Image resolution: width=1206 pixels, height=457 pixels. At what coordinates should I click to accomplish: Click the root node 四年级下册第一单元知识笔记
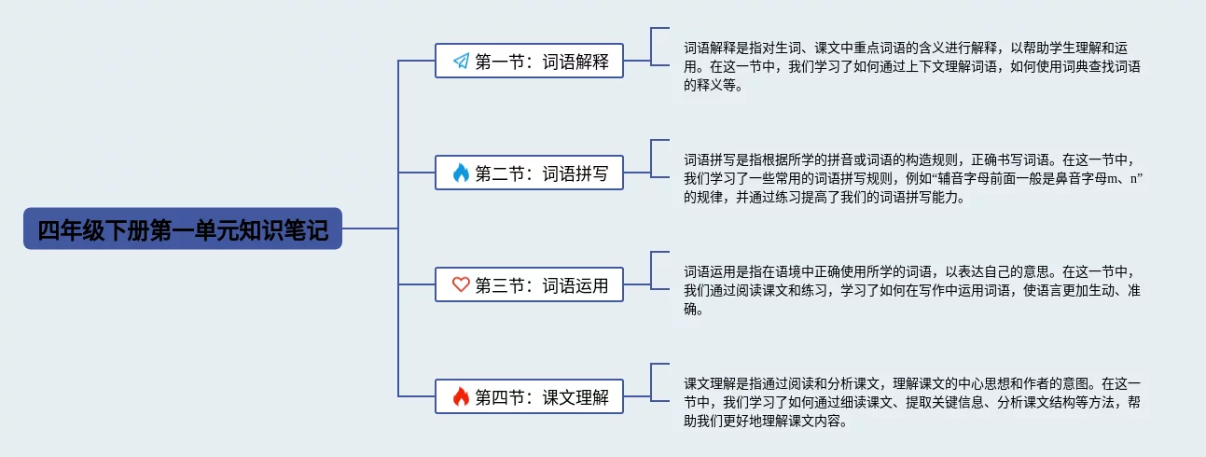tap(183, 228)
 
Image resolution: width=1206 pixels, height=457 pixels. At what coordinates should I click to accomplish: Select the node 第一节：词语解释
tap(529, 62)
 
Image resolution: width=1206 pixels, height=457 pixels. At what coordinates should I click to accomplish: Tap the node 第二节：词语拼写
tap(529, 173)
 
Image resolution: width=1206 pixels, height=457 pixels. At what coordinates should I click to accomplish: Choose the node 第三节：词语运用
tap(529, 285)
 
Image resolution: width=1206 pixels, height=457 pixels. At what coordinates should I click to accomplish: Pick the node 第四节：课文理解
tap(529, 397)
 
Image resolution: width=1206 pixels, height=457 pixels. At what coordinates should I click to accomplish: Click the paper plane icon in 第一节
tap(461, 62)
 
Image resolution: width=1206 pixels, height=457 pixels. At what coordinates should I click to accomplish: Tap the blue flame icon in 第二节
tap(461, 173)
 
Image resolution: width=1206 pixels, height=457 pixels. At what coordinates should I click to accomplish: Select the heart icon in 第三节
tap(461, 285)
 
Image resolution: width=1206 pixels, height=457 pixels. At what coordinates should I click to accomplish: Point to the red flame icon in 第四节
tap(461, 397)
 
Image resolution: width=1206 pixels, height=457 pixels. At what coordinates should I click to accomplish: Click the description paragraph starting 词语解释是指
tap(912, 66)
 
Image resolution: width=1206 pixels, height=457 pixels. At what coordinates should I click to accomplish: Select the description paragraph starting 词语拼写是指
tap(912, 178)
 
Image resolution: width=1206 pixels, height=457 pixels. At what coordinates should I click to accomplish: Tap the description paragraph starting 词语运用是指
tap(912, 290)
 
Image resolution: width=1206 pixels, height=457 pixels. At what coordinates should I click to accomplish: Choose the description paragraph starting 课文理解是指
tap(912, 402)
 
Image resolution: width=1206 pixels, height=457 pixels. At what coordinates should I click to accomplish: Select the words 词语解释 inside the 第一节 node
tap(575, 62)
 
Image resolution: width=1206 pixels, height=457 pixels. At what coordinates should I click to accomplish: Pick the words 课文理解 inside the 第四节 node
tap(575, 397)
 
